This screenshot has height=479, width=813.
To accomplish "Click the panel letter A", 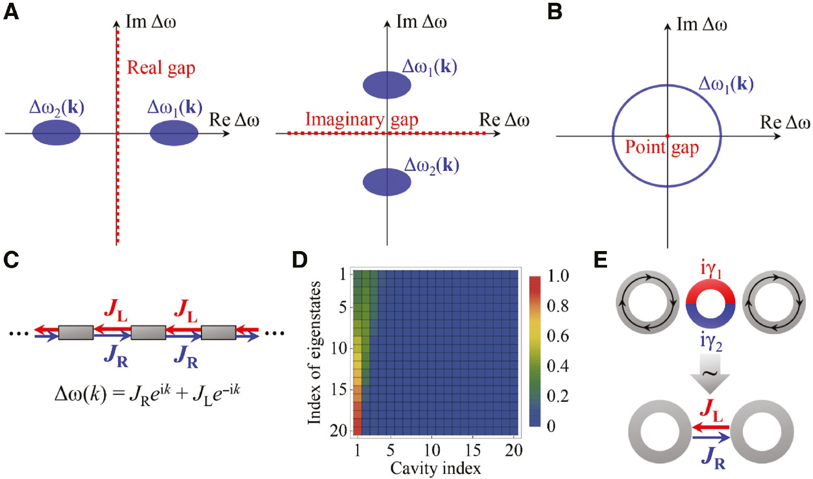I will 11,12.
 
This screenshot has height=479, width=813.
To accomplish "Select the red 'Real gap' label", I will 161,68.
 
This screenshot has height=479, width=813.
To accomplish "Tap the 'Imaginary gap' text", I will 362,119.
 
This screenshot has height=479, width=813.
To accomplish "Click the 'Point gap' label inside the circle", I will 662,148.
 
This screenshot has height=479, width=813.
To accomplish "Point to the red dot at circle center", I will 667,135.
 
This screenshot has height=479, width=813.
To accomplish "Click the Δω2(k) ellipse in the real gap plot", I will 57,133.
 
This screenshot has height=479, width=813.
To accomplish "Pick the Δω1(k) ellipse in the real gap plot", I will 174,133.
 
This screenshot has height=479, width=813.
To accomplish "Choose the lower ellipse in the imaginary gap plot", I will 387,182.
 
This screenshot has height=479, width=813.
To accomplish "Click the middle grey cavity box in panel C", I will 148,332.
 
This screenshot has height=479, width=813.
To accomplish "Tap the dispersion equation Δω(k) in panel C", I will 147,393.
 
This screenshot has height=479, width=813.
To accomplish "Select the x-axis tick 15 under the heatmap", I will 472,450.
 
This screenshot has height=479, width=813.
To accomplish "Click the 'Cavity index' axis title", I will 435,469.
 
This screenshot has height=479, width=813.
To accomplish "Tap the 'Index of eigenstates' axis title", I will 314,352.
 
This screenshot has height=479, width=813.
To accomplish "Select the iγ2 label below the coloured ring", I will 711,342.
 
